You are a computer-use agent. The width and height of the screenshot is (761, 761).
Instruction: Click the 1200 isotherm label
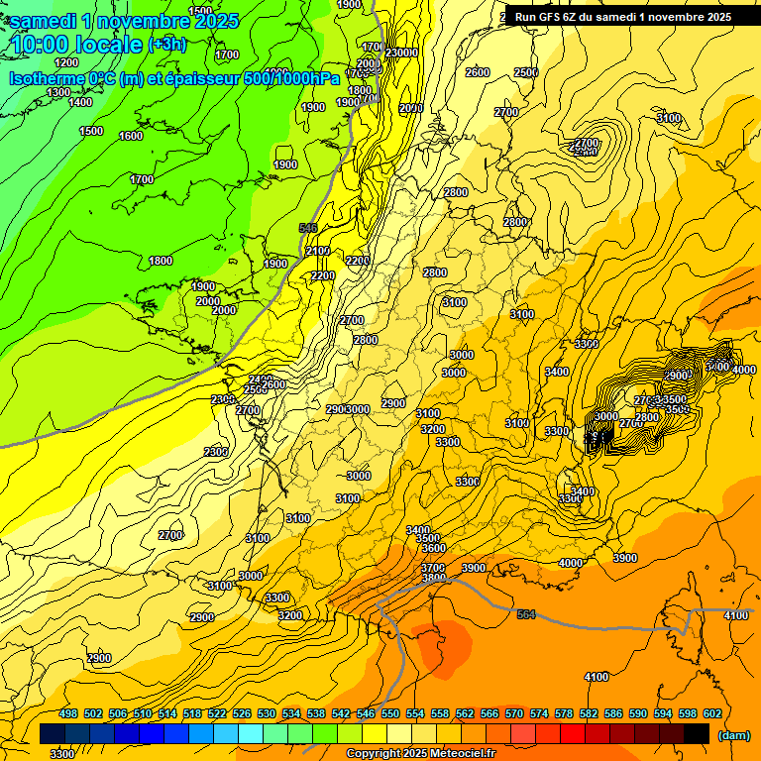pyautogui.click(x=66, y=61)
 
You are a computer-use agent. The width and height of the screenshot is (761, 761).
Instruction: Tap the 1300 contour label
pyautogui.click(x=58, y=92)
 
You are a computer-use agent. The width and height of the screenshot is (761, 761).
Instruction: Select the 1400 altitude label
pyautogui.click(x=80, y=102)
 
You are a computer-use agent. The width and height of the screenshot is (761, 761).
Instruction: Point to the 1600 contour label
pyautogui.click(x=131, y=136)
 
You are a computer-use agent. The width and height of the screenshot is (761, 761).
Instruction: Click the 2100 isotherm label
pyautogui.click(x=318, y=251)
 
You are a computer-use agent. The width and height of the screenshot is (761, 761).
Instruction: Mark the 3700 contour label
pyautogui.click(x=433, y=568)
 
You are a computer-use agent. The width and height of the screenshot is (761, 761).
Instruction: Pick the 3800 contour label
pyautogui.click(x=433, y=578)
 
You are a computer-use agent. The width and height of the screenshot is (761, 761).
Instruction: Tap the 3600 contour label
pyautogui.click(x=433, y=548)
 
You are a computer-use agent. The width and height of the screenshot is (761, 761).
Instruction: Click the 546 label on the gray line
pyautogui.click(x=307, y=228)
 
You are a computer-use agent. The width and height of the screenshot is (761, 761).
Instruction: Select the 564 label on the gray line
pyautogui.click(x=525, y=615)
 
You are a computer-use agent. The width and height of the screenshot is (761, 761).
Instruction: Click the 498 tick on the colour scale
pyautogui.click(x=68, y=713)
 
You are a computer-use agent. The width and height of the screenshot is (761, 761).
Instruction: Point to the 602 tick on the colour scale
pyautogui.click(x=712, y=713)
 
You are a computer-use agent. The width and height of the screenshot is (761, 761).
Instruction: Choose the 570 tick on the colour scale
pyautogui.click(x=514, y=713)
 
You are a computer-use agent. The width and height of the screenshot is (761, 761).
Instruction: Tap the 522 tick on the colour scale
pyautogui.click(x=217, y=713)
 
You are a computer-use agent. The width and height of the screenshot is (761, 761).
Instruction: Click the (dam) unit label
pyautogui.click(x=733, y=735)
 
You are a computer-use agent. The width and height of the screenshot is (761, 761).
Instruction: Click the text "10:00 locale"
pyautogui.click(x=75, y=46)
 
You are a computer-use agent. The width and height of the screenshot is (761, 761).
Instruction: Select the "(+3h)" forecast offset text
pyautogui.click(x=165, y=46)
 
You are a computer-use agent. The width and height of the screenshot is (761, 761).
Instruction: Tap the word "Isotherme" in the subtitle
pyautogui.click(x=46, y=78)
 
